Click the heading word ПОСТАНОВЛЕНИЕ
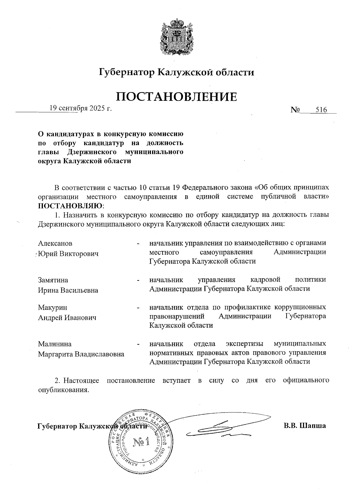(x=176, y=97)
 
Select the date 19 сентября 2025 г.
(x=81, y=108)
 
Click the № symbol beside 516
(x=295, y=110)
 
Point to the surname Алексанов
(x=55, y=243)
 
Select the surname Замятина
(x=53, y=280)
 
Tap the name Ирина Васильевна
(x=68, y=290)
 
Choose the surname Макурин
(x=52, y=307)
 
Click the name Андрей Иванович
(x=67, y=318)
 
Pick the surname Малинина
(x=55, y=344)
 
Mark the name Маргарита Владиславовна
(x=81, y=354)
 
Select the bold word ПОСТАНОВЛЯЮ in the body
(x=70, y=206)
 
